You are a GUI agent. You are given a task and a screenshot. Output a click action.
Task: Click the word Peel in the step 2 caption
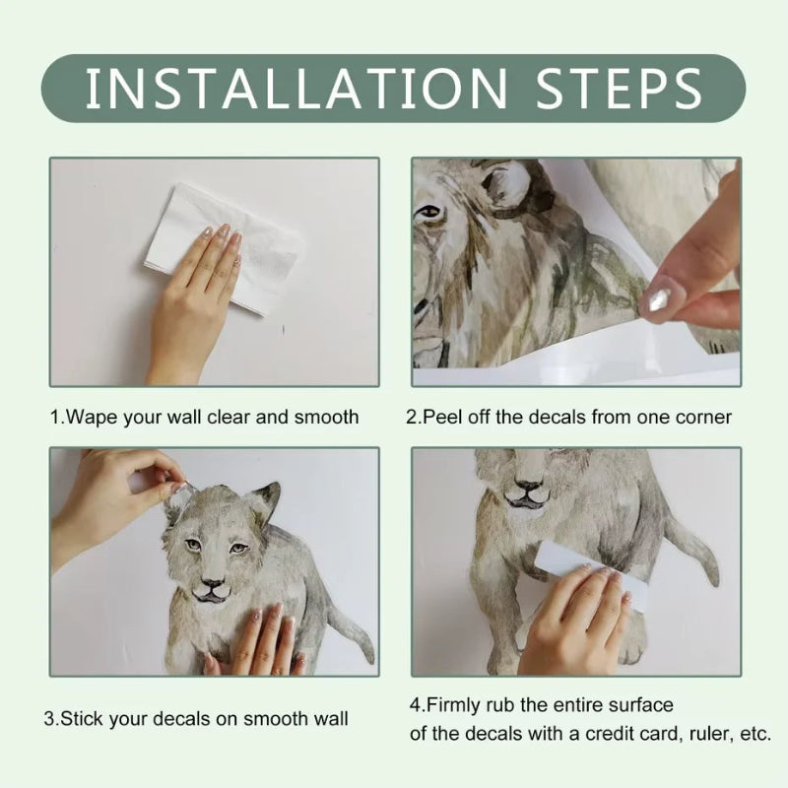pos(440,417)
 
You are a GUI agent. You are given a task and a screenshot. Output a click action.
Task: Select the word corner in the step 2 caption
pos(704,417)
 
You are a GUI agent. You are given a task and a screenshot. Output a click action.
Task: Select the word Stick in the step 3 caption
pos(82,719)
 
